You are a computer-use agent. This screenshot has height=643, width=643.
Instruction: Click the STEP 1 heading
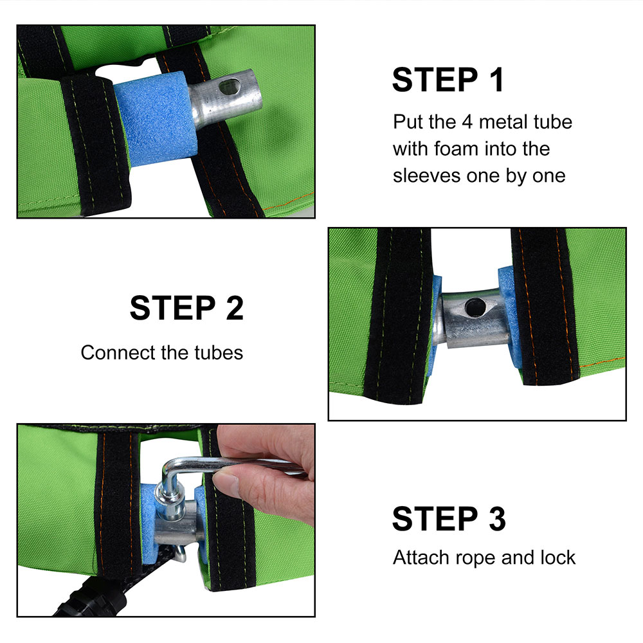[448, 80]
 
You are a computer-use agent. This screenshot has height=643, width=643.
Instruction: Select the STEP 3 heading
[449, 519]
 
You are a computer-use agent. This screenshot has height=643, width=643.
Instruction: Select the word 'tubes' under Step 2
[219, 352]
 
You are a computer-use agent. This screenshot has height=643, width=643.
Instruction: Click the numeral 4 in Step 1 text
[467, 122]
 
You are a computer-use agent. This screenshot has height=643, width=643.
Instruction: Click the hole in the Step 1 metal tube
[230, 86]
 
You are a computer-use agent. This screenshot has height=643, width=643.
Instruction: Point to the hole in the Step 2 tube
[475, 307]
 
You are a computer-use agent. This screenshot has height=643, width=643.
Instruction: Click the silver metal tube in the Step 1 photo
[224, 98]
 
